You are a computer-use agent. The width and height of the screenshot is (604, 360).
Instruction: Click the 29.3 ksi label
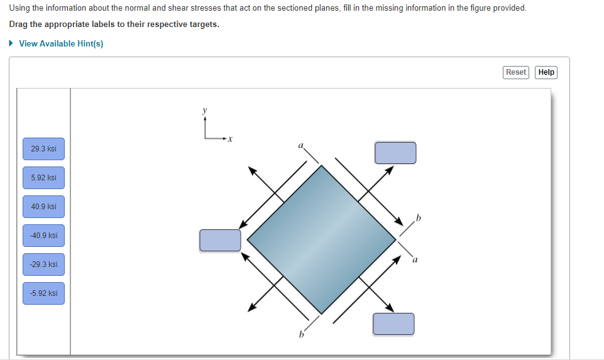(x=43, y=149)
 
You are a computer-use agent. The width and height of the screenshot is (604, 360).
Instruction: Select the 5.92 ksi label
(x=43, y=178)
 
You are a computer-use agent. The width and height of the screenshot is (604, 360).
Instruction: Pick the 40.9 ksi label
(x=43, y=207)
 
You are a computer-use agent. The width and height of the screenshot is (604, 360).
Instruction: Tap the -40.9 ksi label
(x=43, y=236)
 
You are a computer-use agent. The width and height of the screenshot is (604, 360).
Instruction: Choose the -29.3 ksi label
(x=43, y=265)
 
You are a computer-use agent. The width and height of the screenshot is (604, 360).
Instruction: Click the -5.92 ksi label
(x=43, y=293)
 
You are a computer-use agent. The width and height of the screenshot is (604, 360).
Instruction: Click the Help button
(x=546, y=72)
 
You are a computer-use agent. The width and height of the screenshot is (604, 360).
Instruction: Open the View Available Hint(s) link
(x=61, y=43)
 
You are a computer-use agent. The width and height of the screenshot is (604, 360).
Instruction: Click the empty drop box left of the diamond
(x=220, y=240)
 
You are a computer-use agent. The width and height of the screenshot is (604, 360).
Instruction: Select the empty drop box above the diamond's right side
(x=395, y=153)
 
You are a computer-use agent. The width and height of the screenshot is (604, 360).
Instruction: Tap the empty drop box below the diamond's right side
(x=393, y=324)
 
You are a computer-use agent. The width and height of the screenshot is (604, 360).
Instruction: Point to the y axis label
(x=204, y=110)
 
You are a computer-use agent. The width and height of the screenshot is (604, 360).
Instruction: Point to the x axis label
(x=230, y=138)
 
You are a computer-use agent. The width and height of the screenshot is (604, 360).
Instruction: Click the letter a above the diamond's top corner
(x=300, y=146)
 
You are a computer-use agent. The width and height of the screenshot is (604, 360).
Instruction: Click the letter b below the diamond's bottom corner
(x=300, y=334)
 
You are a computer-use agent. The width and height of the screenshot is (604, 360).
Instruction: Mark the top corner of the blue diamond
(x=322, y=166)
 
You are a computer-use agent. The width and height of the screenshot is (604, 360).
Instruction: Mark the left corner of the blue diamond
(x=248, y=239)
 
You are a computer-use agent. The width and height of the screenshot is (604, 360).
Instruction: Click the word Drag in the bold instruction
(x=19, y=25)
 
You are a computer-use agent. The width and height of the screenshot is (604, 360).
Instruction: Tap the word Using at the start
(x=20, y=8)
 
